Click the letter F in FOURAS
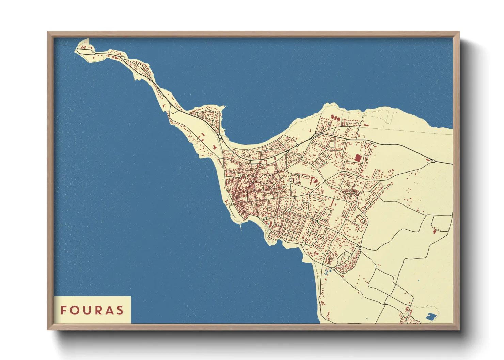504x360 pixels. pyautogui.click(x=63, y=310)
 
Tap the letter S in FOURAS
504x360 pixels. pyautogui.click(x=120, y=310)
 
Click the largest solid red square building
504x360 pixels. pyautogui.click(x=358, y=158)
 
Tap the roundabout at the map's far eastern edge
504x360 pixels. pyautogui.click(x=433, y=161)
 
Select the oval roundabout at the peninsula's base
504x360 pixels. pyautogui.click(x=220, y=137)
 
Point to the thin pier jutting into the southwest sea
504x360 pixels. pyautogui.click(x=241, y=226)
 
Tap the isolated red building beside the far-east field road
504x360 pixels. pyautogui.click(x=434, y=231)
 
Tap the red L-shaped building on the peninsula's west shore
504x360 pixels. pyautogui.click(x=215, y=147)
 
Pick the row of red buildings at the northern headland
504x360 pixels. pyautogui.click(x=335, y=118)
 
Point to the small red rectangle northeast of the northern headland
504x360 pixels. pyautogui.click(x=366, y=125)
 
